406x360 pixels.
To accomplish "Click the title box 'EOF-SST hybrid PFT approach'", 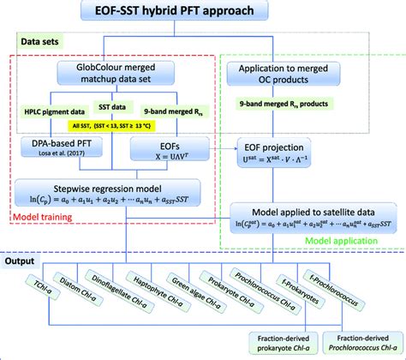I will click(203, 12).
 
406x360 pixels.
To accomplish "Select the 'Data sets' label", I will click(43, 40).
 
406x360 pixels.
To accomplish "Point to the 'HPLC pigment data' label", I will click(53, 111).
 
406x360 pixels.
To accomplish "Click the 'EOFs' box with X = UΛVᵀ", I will click(167, 152).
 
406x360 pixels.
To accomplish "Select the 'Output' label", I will click(28, 258).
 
